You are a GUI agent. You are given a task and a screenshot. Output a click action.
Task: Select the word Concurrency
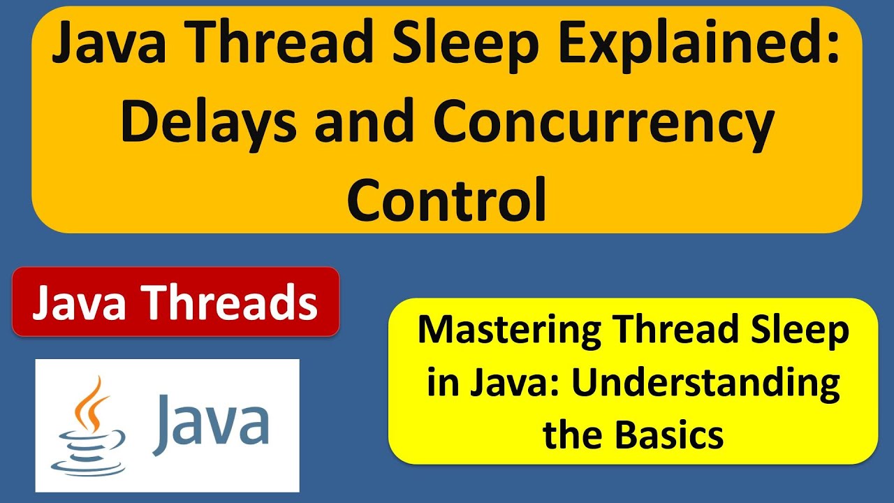pyautogui.click(x=603, y=122)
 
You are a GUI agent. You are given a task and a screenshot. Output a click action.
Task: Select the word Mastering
pyautogui.click(x=508, y=330)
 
